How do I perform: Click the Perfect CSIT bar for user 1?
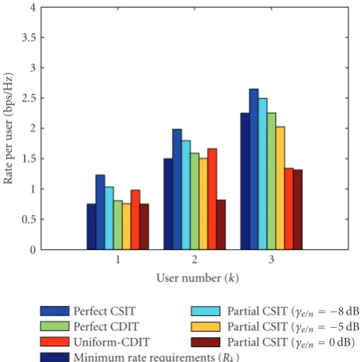click(x=100, y=213)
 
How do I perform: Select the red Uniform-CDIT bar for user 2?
click(x=212, y=199)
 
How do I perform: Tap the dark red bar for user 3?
click(x=298, y=209)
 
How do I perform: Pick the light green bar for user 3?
click(x=271, y=181)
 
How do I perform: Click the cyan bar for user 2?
click(x=186, y=195)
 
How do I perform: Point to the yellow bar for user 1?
click(x=127, y=227)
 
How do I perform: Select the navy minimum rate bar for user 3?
click(x=245, y=181)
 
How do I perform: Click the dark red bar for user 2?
click(x=221, y=225)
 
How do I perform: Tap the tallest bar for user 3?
click(x=253, y=169)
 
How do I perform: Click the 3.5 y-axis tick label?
click(x=29, y=37)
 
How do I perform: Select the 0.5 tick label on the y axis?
click(x=29, y=220)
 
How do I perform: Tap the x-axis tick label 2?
click(x=194, y=259)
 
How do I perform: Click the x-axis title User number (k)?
click(x=197, y=278)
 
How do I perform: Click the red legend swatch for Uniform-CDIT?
click(x=54, y=342)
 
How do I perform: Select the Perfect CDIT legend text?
click(x=107, y=326)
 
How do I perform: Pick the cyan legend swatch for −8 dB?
click(x=205, y=311)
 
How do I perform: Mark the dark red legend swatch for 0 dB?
click(x=205, y=342)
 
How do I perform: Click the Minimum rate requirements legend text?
click(x=156, y=357)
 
